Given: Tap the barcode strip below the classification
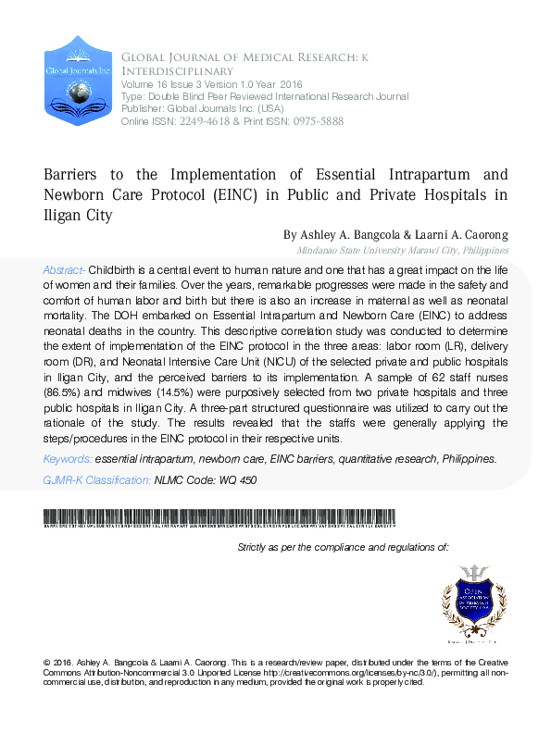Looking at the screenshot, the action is [219, 518].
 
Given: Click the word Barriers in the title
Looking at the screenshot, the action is [75, 174].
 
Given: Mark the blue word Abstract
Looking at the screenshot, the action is [63, 269].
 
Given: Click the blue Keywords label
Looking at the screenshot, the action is [68, 459].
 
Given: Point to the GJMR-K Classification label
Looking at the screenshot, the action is [97, 479].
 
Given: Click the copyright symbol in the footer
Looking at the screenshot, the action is [47, 664].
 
